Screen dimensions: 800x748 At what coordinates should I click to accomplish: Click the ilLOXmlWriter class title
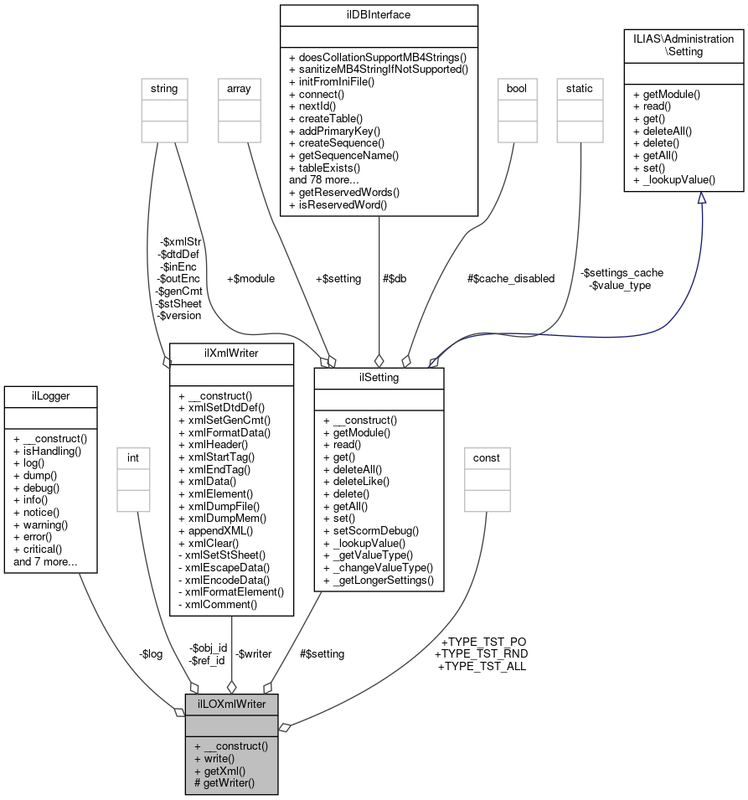coord(231,704)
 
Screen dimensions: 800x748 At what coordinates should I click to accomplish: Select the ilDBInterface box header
coord(379,14)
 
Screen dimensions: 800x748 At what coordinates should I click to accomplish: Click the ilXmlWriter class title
coord(231,354)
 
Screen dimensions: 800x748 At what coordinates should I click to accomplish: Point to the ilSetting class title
coord(378,378)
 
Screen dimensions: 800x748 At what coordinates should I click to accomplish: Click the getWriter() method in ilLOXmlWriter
coord(224,783)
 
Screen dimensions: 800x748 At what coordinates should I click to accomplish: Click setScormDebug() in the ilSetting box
coord(371,530)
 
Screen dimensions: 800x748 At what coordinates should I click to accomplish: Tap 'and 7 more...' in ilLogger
coord(45,561)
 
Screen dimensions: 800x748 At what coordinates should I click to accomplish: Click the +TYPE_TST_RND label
coord(481,653)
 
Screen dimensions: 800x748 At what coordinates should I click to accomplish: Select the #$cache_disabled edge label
coord(511,278)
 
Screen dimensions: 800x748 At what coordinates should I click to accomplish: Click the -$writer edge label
coord(253,653)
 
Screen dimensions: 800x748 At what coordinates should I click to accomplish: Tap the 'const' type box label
coord(487,458)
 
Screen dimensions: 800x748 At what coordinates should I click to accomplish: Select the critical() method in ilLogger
coord(42,549)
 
